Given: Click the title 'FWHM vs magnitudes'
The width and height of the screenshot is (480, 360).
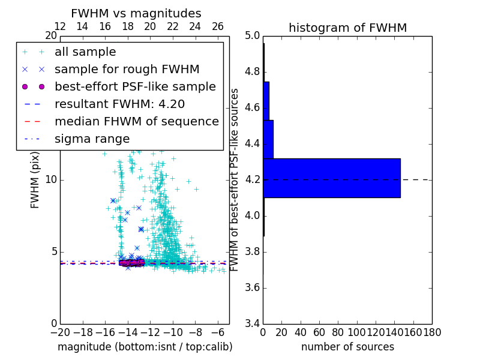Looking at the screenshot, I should [x=136, y=13].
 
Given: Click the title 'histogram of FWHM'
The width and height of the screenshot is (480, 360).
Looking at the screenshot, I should [x=347, y=28].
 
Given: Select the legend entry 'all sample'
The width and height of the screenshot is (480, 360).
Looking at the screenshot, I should [x=85, y=52].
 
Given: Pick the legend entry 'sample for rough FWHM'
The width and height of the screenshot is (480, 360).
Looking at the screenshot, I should [x=127, y=70].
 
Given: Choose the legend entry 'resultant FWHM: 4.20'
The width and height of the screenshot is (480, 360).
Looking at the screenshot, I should [x=119, y=104].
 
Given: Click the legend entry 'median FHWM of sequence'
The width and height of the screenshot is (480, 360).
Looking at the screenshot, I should [x=136, y=122].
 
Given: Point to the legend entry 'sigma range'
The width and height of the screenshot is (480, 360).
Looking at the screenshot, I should [x=92, y=139].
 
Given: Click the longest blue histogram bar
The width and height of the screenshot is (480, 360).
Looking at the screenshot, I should [x=331, y=178].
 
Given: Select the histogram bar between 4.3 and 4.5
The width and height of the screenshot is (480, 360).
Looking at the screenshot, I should [x=268, y=139].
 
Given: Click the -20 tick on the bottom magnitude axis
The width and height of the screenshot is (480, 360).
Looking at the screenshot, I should [x=60, y=331].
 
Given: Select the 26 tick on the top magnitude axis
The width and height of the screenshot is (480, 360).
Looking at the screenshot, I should [x=218, y=26].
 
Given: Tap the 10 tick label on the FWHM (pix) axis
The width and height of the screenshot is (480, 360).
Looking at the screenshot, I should [x=51, y=180].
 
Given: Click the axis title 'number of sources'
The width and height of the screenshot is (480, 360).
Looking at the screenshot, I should [x=347, y=347].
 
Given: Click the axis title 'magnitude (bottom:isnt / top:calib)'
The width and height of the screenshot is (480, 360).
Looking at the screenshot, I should [x=145, y=347].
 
